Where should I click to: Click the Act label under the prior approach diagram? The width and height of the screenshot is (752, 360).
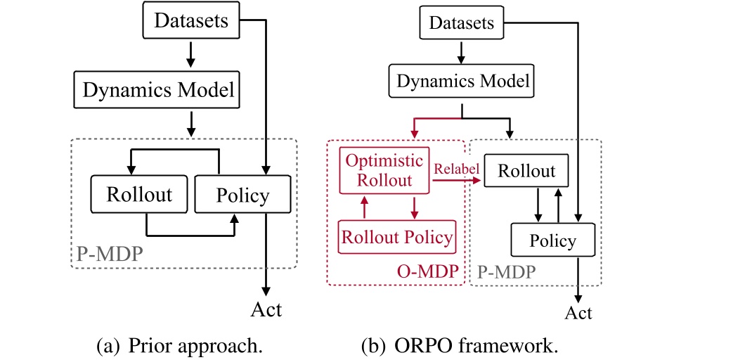[266, 309]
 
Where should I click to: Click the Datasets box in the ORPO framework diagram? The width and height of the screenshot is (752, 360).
[462, 24]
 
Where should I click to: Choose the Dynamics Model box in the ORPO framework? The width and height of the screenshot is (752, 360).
[462, 81]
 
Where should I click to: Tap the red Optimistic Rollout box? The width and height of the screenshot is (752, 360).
[385, 170]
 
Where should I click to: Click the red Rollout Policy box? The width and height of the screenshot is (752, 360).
[397, 237]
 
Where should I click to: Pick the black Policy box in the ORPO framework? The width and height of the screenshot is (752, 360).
[552, 241]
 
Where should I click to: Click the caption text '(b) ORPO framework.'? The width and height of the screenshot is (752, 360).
[461, 347]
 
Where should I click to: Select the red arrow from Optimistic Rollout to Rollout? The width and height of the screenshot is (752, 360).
[457, 181]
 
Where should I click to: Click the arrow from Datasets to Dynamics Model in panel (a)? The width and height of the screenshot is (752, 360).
[191, 53]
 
